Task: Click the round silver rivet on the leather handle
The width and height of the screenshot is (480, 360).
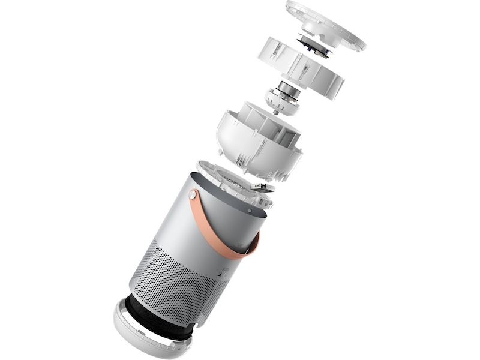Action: [193, 194]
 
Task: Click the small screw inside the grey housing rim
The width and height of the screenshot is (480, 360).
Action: [248, 211]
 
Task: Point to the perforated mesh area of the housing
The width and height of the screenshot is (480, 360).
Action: [174, 276]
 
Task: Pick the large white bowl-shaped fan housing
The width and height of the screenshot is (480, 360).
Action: [258, 141]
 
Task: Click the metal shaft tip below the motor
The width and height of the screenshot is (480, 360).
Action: [275, 112]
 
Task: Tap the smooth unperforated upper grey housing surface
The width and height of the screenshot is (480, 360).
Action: [180, 222]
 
